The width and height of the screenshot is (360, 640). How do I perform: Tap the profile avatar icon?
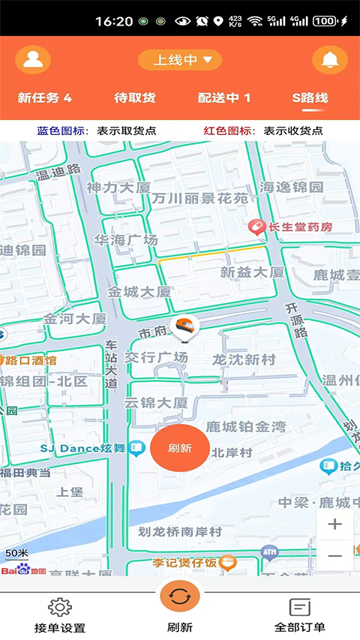click(33, 60)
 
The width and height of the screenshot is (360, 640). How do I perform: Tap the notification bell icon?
click(329, 60)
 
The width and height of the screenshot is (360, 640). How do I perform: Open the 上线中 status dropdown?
click(180, 60)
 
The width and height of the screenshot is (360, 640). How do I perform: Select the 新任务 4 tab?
click(45, 98)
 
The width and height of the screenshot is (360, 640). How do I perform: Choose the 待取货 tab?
click(135, 98)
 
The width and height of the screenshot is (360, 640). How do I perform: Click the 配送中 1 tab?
click(224, 98)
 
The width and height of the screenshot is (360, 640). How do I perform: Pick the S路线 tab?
click(310, 98)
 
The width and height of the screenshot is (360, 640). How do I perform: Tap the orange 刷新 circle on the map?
click(180, 449)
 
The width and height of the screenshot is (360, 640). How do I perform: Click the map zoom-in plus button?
click(334, 524)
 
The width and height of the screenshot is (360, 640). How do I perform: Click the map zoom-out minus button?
click(334, 556)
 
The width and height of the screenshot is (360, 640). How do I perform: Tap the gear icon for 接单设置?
click(60, 607)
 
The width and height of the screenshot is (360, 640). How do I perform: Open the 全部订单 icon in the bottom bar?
click(300, 607)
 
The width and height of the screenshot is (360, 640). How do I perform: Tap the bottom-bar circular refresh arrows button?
click(180, 596)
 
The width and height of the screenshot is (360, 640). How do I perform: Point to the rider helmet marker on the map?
click(184, 328)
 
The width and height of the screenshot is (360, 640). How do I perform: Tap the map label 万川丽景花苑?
click(199, 198)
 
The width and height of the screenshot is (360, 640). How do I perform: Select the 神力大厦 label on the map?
click(118, 187)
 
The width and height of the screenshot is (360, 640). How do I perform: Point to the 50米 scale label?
click(16, 553)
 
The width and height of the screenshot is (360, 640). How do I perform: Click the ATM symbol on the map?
click(269, 554)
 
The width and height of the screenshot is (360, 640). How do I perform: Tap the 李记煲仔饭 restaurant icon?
click(229, 562)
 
